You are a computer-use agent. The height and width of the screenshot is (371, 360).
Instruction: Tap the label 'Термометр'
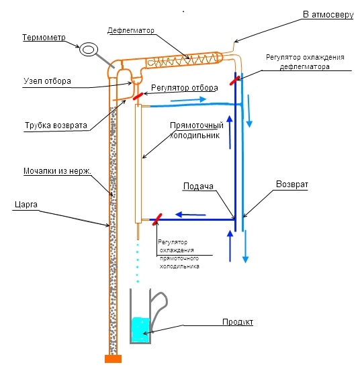[x=44, y=38]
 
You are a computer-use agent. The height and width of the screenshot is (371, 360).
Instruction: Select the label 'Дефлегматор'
[x=131, y=30]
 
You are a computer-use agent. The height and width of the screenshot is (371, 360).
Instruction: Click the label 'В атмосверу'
[x=328, y=15]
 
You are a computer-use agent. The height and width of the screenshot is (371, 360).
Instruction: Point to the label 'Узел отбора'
[x=47, y=81]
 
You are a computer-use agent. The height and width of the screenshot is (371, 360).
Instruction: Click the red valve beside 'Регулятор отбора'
[x=138, y=96]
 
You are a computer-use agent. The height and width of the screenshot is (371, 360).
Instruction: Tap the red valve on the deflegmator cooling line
[x=234, y=81]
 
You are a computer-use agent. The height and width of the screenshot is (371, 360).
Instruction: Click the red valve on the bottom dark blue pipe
[x=157, y=219]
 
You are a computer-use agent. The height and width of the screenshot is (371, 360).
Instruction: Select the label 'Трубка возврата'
[x=56, y=125]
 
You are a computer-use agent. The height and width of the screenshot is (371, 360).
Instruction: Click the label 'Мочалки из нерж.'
[x=57, y=171]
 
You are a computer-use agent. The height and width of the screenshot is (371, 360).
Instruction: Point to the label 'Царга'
[x=26, y=205]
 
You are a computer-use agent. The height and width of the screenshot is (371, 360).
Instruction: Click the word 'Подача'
[x=198, y=187]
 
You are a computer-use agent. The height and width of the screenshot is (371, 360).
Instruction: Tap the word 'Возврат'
[x=292, y=184]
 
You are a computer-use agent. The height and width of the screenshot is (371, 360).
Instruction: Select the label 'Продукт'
[x=238, y=322]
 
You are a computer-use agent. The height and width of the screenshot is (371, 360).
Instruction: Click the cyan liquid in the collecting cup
[x=140, y=329]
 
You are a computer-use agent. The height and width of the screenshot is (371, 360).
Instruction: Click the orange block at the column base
[x=114, y=359]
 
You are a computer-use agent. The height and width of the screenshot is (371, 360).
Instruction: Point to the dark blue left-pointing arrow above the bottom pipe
[x=191, y=215]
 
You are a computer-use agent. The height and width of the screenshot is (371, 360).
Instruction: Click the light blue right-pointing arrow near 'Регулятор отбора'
[x=188, y=100]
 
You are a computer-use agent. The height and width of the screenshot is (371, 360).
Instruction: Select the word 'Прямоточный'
[x=197, y=125]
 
